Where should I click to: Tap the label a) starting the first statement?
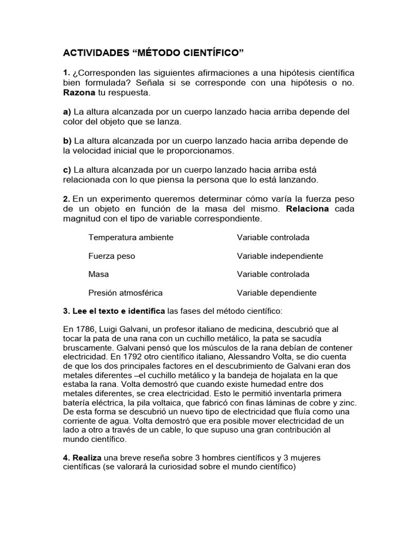point(67,111)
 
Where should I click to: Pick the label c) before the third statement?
point(67,169)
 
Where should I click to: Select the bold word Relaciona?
point(308,209)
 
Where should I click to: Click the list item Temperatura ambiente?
point(131,238)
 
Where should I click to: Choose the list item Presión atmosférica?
point(125,293)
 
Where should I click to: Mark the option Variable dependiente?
point(276,293)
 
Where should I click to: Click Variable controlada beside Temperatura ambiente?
point(273,238)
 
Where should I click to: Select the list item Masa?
point(99,274)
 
